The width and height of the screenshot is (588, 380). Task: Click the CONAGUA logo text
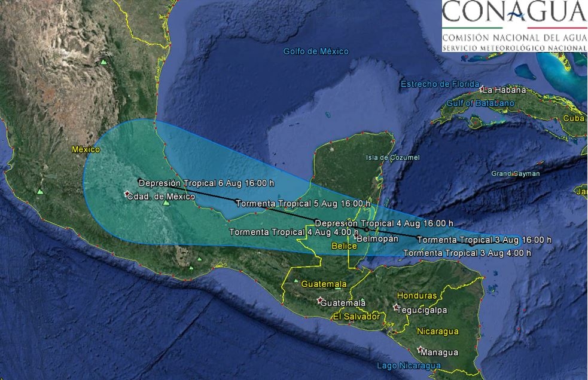(513, 12)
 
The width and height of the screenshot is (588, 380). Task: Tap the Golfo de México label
(316, 52)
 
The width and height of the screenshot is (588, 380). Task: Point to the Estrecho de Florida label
(440, 84)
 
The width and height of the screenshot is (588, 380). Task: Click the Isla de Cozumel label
(392, 158)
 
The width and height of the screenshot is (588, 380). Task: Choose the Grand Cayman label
(516, 174)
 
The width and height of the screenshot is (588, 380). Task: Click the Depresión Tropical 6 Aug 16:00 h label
(206, 183)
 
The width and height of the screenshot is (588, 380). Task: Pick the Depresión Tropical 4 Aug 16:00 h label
(383, 223)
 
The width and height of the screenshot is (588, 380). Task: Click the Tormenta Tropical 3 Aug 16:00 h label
(484, 240)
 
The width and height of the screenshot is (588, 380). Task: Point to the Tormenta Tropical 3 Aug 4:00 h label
(467, 253)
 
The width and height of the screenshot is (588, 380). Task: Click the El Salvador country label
(356, 316)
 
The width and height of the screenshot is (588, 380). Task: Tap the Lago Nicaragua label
(409, 365)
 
